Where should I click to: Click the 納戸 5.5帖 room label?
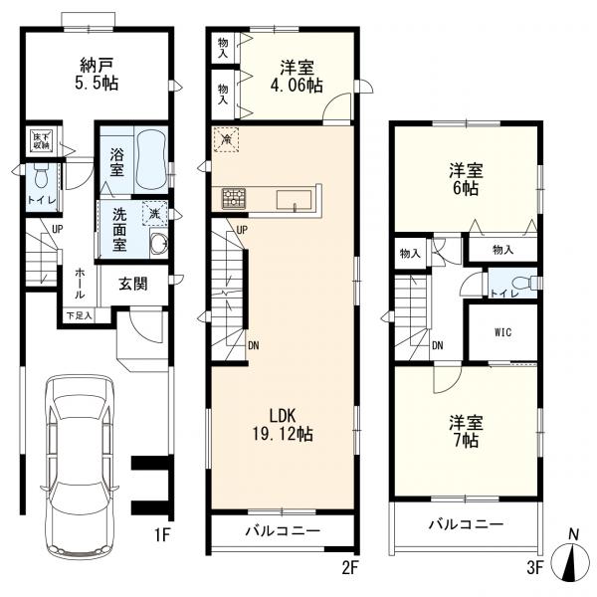[x=96, y=74]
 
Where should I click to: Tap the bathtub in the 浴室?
[x=151, y=160]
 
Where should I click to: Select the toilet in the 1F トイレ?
[x=40, y=177]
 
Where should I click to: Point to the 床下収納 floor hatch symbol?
[x=41, y=140]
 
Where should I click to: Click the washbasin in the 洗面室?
[x=159, y=243]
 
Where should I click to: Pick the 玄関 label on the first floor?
[x=133, y=284]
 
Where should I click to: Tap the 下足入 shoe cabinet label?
[x=79, y=315]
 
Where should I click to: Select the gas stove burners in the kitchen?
[x=234, y=198]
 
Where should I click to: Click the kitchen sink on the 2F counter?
[x=294, y=200]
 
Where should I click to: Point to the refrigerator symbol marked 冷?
[x=226, y=139]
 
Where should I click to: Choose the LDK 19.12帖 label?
[x=283, y=424]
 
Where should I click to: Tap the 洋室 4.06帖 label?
[x=297, y=77]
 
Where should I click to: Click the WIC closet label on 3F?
[x=502, y=332]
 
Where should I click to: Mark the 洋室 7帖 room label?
[x=466, y=432]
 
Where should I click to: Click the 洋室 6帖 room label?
[x=466, y=179]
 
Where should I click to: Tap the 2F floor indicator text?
[x=350, y=568]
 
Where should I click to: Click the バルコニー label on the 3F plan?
[x=466, y=524]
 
